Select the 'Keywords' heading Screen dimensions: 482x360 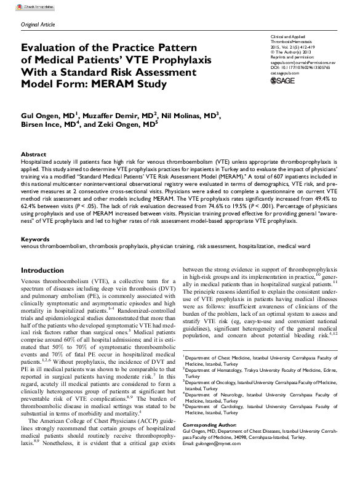[35, 238]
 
